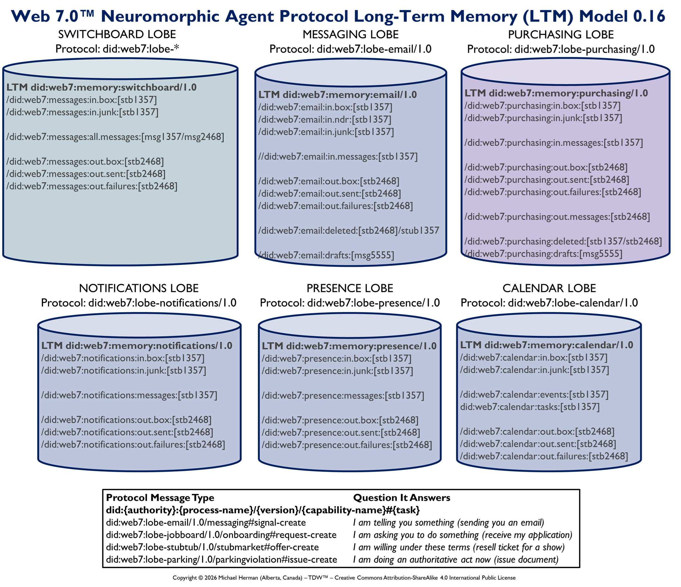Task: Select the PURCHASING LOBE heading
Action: pyautogui.click(x=561, y=35)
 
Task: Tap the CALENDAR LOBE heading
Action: pyautogui.click(x=549, y=288)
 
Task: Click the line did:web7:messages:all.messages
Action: pyautogui.click(x=115, y=137)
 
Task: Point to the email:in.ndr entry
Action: pyautogui.click(x=325, y=120)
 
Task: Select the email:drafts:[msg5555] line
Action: pyautogui.click(x=326, y=255)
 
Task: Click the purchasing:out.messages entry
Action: pyautogui.click(x=557, y=217)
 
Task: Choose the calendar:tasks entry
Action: pyautogui.click(x=530, y=407)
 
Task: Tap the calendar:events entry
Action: pyautogui.click(x=534, y=395)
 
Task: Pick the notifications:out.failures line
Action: pyautogui.click(x=133, y=445)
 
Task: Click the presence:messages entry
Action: pyautogui.click(x=343, y=396)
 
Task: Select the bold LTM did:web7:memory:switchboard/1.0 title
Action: pyautogui.click(x=102, y=87)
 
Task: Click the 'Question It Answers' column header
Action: pyautogui.click(x=402, y=498)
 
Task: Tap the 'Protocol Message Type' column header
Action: pyautogui.click(x=160, y=498)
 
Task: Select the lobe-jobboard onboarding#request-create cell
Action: pyautogui.click(x=221, y=535)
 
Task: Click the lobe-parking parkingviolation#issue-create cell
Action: pyautogui.click(x=221, y=559)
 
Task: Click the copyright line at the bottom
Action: pyautogui.click(x=344, y=577)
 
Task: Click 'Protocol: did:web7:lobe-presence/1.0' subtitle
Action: pyautogui.click(x=350, y=303)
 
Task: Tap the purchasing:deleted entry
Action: pyautogui.click(x=563, y=241)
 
